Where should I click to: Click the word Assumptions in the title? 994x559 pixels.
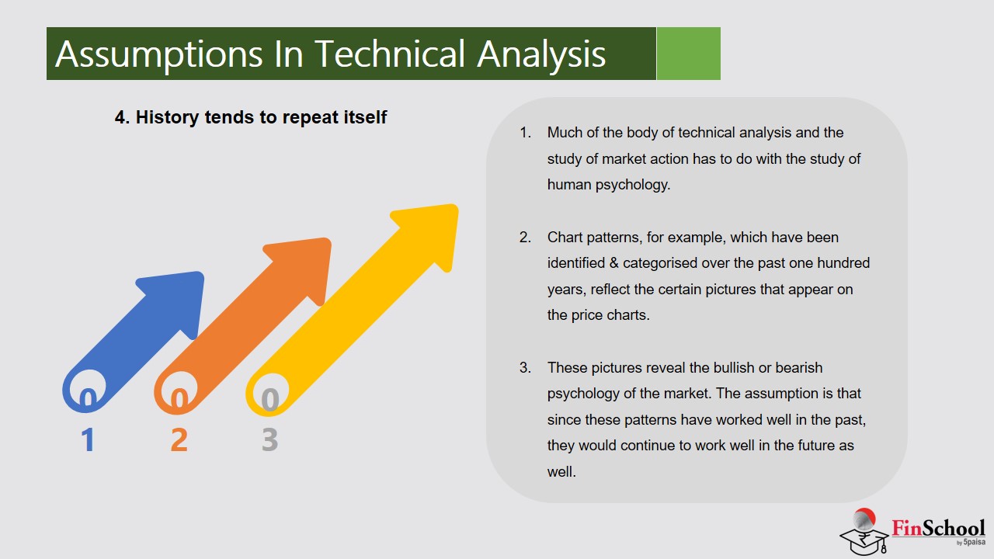pyautogui.click(x=159, y=55)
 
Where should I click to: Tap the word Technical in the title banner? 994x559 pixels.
pyautogui.click(x=390, y=54)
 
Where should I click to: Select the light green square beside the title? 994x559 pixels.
pyautogui.click(x=688, y=54)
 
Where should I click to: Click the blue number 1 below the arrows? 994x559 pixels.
pyautogui.click(x=88, y=439)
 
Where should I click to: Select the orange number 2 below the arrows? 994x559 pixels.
pyautogui.click(x=179, y=439)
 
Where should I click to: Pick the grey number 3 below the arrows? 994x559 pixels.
pyautogui.click(x=269, y=439)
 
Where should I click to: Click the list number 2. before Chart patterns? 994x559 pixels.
pyautogui.click(x=525, y=238)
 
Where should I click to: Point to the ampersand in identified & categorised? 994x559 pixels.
pyautogui.click(x=613, y=263)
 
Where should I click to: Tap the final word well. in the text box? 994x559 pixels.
pyautogui.click(x=561, y=471)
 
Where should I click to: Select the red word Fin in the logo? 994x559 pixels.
pyautogui.click(x=905, y=528)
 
